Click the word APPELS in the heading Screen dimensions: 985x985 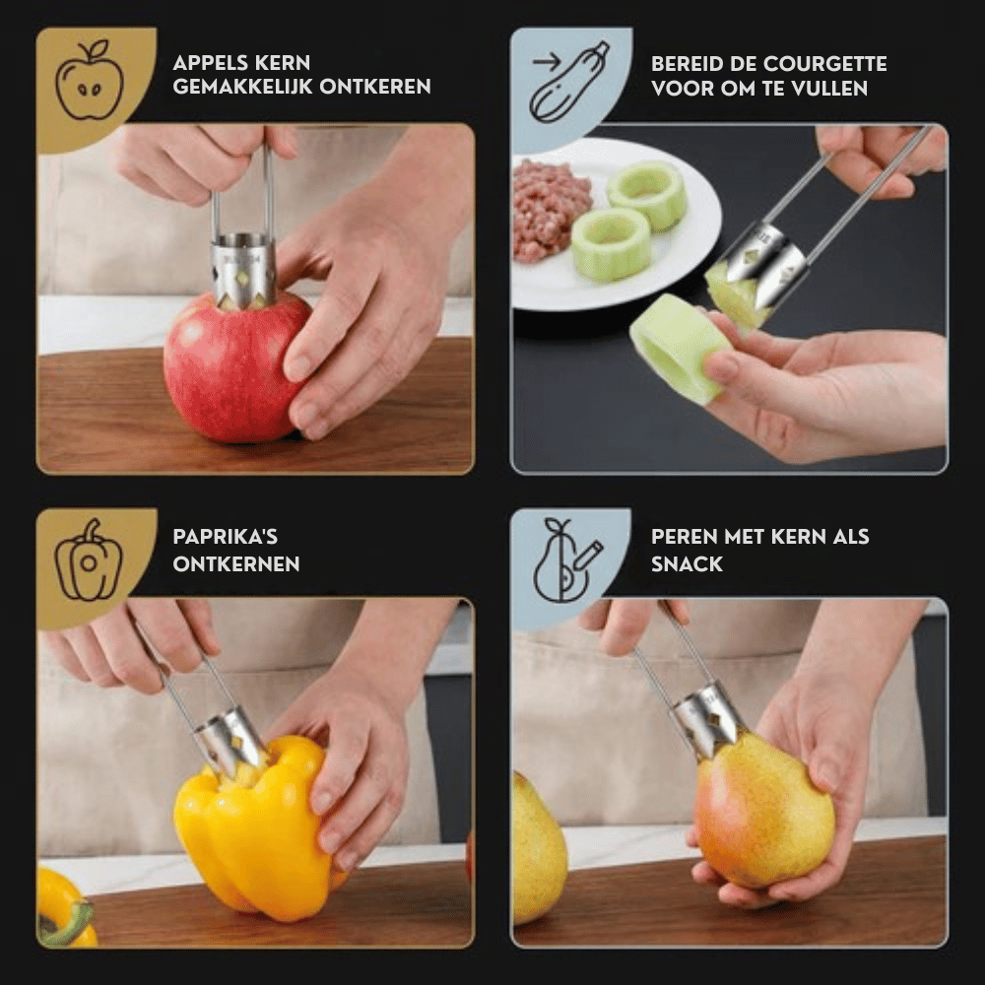click(x=211, y=63)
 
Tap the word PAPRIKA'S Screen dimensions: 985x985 click(x=225, y=537)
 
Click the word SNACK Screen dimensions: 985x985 click(x=687, y=564)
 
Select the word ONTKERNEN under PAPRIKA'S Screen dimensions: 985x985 click(x=236, y=564)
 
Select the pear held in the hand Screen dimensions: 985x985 click(x=764, y=812)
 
